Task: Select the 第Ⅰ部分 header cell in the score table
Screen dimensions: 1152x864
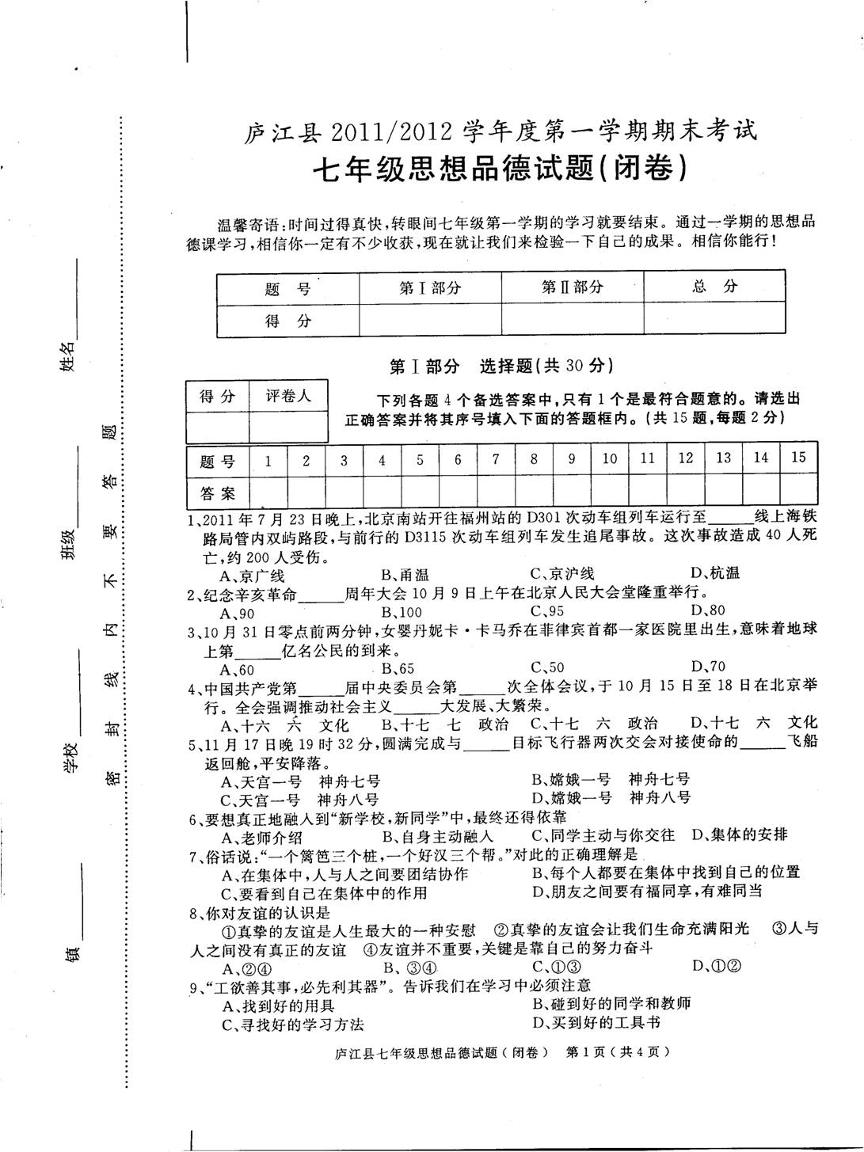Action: tap(430, 287)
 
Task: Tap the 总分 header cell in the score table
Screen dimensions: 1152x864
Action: tap(714, 287)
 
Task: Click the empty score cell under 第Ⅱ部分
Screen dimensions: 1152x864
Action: tap(572, 320)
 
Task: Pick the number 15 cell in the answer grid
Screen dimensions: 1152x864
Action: tap(798, 458)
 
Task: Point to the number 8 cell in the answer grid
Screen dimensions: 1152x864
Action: tap(534, 458)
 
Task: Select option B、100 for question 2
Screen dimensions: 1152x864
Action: tap(402, 611)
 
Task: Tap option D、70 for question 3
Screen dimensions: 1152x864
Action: tap(708, 666)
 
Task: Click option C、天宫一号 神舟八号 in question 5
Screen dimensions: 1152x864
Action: tap(300, 800)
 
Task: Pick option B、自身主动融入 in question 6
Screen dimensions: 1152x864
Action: tap(438, 835)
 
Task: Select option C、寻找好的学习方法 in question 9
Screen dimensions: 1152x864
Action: tap(293, 1024)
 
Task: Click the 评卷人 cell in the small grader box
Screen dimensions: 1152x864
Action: tap(288, 396)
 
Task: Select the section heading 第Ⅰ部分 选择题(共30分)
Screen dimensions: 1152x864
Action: tap(501, 366)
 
